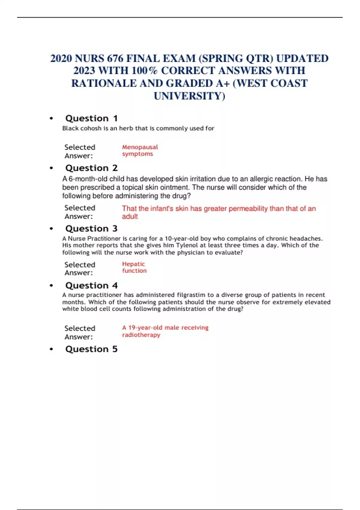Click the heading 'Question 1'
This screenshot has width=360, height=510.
pos(91,118)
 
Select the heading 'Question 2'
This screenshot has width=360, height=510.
pos(91,168)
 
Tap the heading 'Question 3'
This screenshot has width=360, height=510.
pos(91,229)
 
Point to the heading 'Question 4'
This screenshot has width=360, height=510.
pos(91,286)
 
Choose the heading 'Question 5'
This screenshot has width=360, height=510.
pos(91,349)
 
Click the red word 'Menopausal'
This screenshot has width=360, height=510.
pos(140,147)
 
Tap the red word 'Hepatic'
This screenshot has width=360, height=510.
pos(133,264)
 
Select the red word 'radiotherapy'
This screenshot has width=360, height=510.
pos(141,335)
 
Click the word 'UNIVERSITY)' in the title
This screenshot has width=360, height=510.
pos(189,96)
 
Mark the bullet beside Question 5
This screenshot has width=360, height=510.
pos(51,349)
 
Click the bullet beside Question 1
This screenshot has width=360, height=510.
pos(51,118)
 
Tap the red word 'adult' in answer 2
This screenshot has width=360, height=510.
pos(130,217)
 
